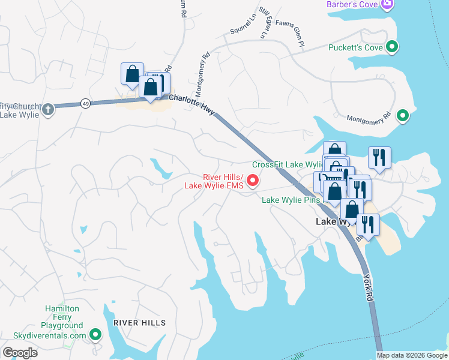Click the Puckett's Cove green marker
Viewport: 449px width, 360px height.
tap(392, 46)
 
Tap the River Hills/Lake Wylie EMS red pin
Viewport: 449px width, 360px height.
tap(253, 179)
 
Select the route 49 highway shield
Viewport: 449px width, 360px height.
tap(86, 104)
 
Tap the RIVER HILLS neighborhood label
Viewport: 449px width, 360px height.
tap(139, 323)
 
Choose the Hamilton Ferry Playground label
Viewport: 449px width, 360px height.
tap(62, 317)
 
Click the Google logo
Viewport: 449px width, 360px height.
tap(20, 353)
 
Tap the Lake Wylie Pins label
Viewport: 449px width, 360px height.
tap(291, 200)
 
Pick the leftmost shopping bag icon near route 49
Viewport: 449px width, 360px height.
tap(131, 73)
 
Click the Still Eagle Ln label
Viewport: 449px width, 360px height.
tap(264, 22)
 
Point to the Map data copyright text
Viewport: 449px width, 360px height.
tap(411, 355)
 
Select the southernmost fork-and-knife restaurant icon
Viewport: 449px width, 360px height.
tap(367, 224)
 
